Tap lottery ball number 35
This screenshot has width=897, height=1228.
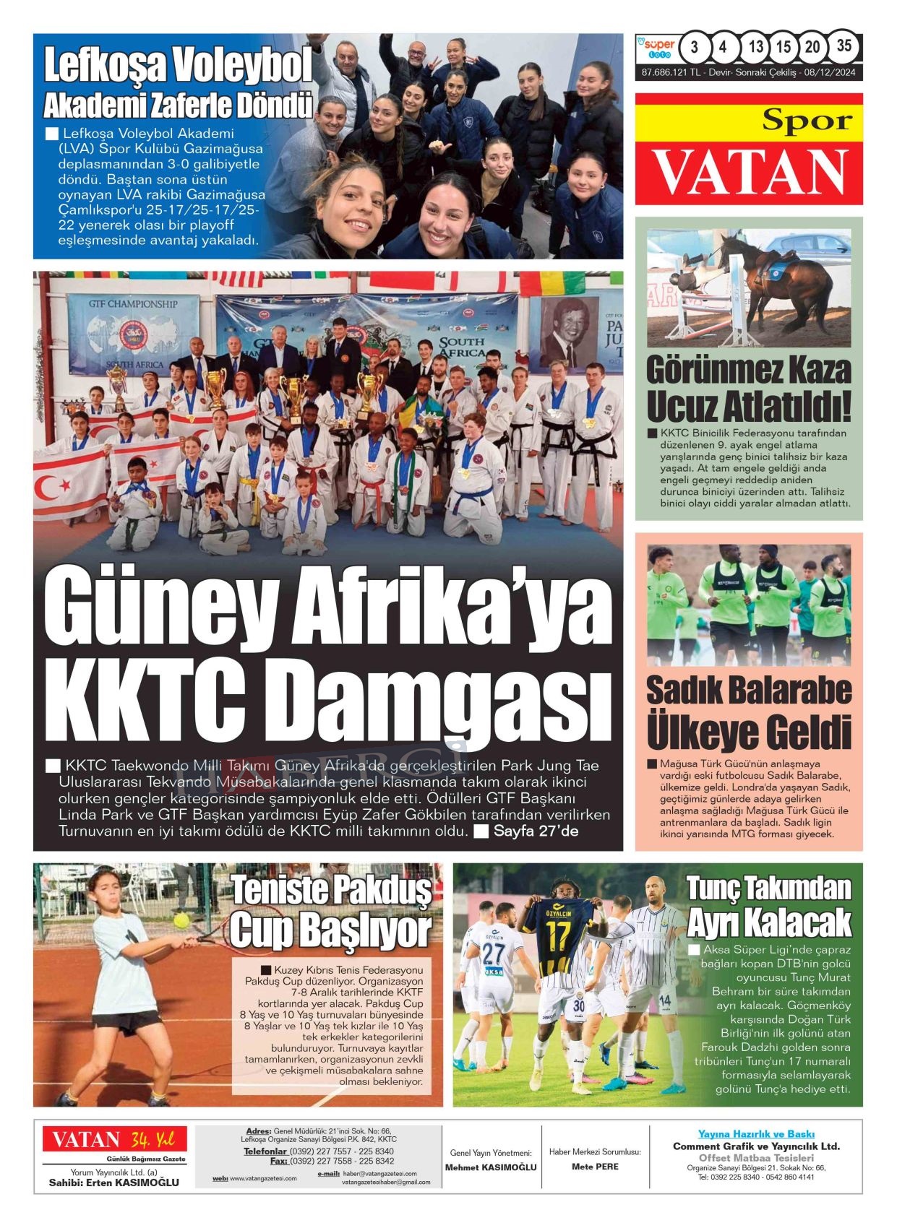[x=844, y=46]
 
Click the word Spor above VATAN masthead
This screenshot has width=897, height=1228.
[x=807, y=121]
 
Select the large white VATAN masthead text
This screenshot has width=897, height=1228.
[x=750, y=173]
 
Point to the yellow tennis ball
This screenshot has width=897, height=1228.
[x=181, y=920]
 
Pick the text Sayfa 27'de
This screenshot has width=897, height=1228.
[x=535, y=831]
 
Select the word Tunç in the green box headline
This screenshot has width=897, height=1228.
[x=712, y=888]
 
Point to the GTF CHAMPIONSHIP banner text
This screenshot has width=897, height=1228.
[x=133, y=304]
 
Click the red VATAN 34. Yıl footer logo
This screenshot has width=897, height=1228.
[x=114, y=1140]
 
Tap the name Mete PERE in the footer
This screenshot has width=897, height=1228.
[x=595, y=1167]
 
